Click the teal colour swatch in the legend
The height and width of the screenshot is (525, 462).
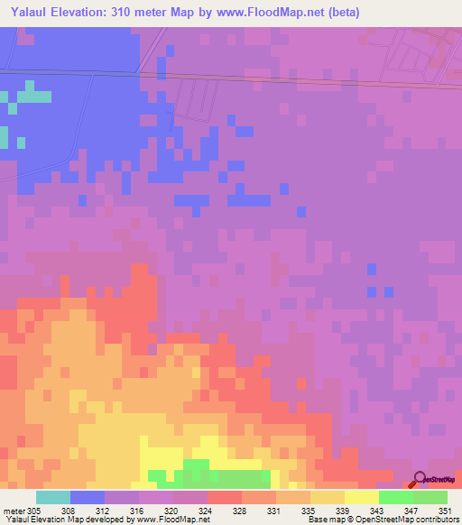[x=53, y=497]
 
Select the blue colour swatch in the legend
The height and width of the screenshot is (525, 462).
[x=88, y=497]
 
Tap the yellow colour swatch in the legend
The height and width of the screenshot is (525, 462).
[x=362, y=497]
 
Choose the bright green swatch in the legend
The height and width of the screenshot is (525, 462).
[x=396, y=497]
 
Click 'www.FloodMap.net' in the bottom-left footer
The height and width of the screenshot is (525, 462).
[x=177, y=520]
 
